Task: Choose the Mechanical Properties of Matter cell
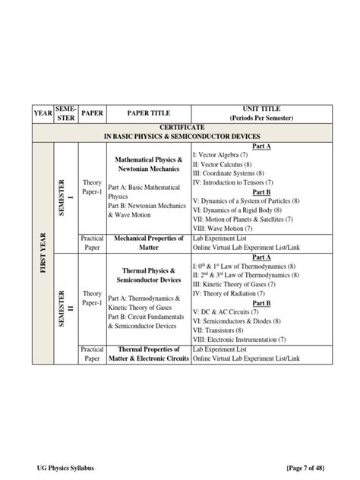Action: click(149, 242)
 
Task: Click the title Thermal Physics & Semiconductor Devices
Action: click(149, 275)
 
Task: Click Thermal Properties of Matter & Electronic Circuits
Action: click(149, 353)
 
